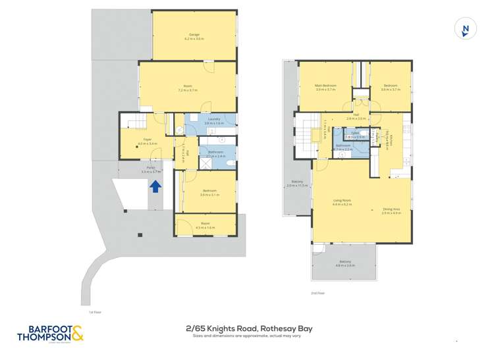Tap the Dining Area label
coord(391,211)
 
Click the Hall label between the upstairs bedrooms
coord(356,116)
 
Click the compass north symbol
coord(466,30)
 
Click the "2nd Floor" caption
coord(318,294)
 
